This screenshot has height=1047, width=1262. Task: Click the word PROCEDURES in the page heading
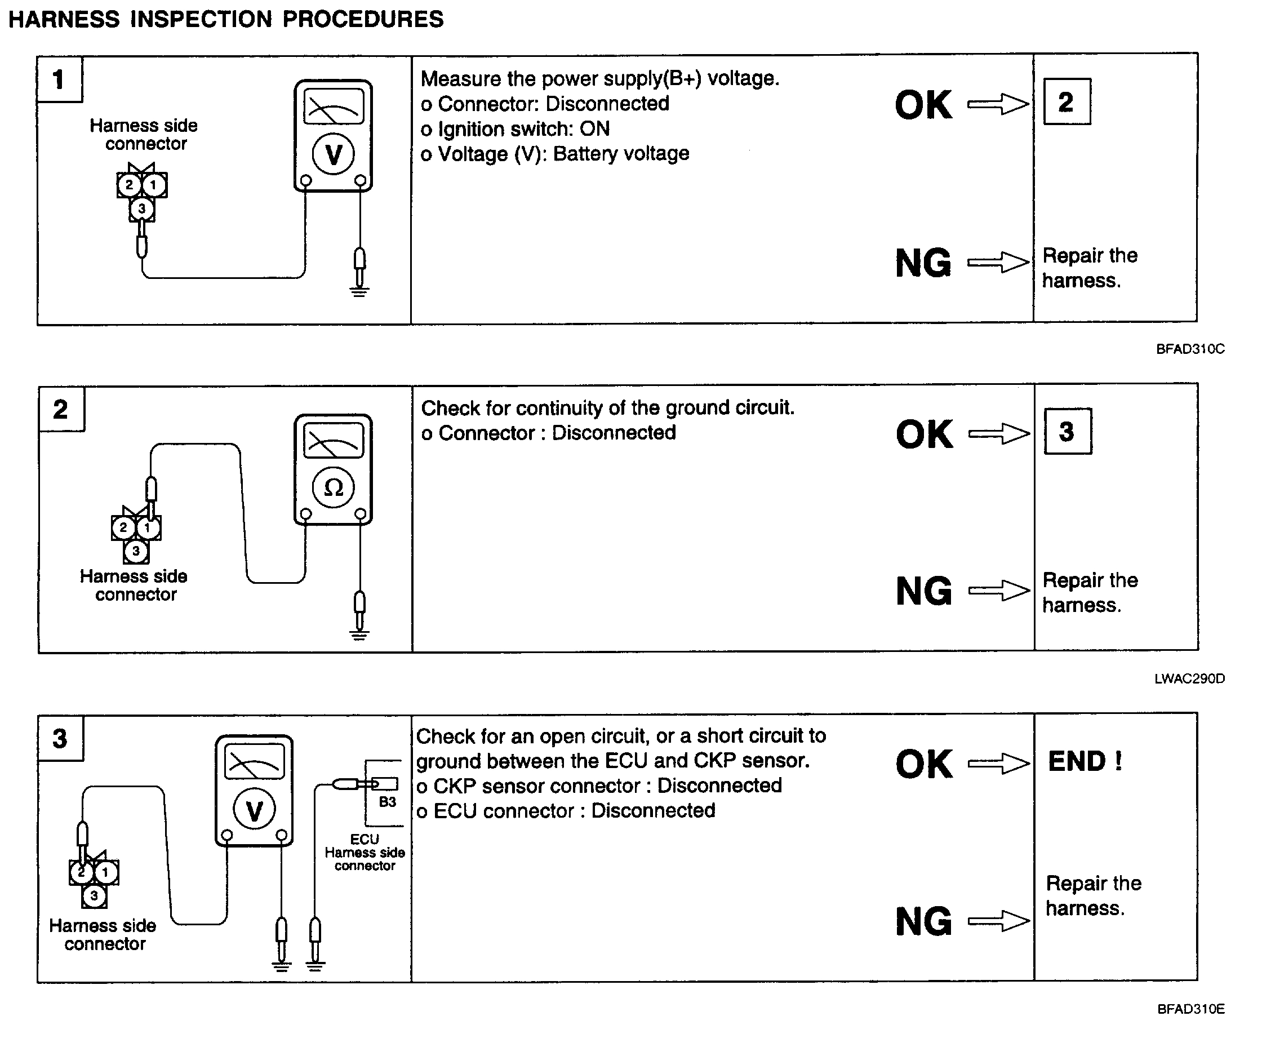click(363, 19)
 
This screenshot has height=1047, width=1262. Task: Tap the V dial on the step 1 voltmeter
click(334, 154)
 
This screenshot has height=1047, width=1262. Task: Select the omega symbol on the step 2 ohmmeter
click(334, 487)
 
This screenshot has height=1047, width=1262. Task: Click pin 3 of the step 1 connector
click(141, 208)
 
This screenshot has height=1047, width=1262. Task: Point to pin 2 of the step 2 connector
click(123, 527)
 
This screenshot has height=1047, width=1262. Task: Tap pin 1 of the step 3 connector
click(106, 872)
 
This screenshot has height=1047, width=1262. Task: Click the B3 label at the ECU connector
click(387, 802)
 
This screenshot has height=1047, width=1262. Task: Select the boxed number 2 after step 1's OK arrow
click(1067, 101)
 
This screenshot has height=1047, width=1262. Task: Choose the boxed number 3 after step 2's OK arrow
click(1067, 432)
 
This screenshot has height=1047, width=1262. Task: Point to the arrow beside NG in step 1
click(998, 263)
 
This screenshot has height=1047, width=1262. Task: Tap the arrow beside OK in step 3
click(998, 764)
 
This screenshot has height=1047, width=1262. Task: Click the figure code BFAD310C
click(1190, 349)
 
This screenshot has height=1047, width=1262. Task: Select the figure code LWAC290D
click(1189, 678)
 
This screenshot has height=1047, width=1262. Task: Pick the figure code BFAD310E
click(1190, 1009)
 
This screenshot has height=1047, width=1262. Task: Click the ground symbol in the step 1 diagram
click(359, 291)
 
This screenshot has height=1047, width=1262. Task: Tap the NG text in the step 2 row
click(923, 591)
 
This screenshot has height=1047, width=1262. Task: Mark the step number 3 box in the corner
click(60, 739)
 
